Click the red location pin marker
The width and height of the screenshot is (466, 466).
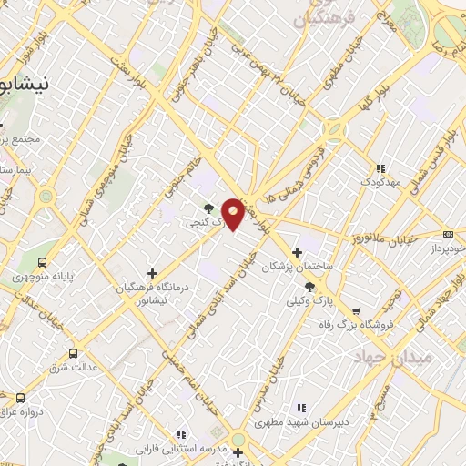(x=234, y=212)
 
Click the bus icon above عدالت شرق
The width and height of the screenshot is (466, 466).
(x=74, y=354)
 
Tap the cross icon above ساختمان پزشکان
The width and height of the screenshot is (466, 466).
(x=296, y=252)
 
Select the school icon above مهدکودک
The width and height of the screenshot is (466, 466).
(x=380, y=168)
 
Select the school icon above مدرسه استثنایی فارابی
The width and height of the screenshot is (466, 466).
(x=180, y=434)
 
